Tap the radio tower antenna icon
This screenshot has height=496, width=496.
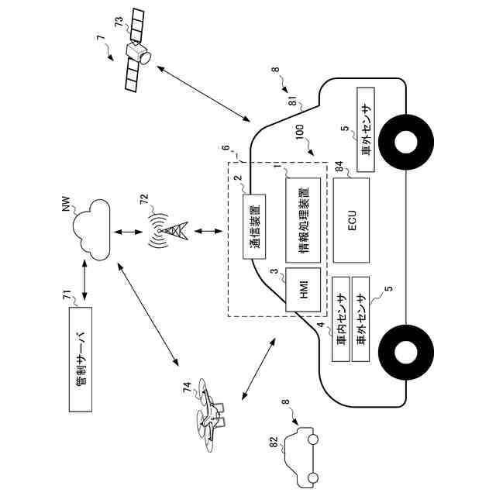(167, 231)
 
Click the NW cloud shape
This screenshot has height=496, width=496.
(91, 230)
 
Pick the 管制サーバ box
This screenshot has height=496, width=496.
(81, 360)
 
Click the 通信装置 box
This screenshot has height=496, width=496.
(254, 227)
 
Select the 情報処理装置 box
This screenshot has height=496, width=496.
(303, 220)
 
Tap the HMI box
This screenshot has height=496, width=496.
(303, 290)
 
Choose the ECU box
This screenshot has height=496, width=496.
(351, 220)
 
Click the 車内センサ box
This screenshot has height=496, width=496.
(341, 319)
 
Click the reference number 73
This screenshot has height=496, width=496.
(119, 22)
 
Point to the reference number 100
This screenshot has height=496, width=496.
(299, 132)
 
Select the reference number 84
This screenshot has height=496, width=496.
(339, 167)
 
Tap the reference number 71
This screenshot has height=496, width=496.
(67, 296)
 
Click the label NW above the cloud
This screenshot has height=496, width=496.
(66, 204)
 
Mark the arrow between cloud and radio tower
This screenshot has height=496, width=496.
(129, 232)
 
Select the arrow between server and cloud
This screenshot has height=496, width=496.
(84, 280)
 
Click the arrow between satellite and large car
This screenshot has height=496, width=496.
(203, 94)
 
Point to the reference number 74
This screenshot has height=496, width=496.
(188, 387)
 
